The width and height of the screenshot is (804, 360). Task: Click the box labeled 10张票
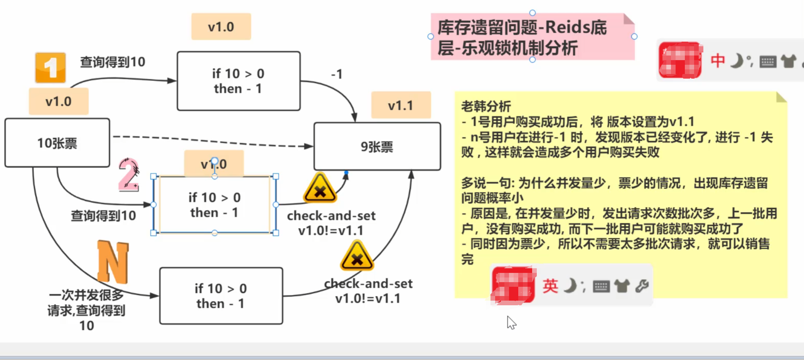[x=57, y=143]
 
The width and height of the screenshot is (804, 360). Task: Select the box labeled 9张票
[x=377, y=147]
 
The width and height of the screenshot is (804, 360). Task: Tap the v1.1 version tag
[x=401, y=105]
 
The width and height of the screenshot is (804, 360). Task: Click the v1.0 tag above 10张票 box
[x=59, y=101]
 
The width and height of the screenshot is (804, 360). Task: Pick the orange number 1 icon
[x=51, y=68]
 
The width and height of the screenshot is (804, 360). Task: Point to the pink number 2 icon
[x=128, y=175]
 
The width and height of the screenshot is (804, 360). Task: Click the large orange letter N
[x=113, y=262]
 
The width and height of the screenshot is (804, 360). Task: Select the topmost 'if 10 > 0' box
[x=238, y=81]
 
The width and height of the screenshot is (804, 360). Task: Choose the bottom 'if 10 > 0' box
[x=221, y=296]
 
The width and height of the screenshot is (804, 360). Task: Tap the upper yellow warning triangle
[x=320, y=188]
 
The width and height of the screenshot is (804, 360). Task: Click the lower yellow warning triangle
[x=357, y=256]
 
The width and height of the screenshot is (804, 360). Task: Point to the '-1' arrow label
[x=337, y=74]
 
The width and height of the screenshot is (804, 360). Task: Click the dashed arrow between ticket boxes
[x=212, y=141]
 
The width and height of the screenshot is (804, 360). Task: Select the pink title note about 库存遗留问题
[x=532, y=37]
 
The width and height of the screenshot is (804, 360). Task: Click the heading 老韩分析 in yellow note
[x=486, y=106]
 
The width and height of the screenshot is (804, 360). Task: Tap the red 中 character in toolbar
[x=718, y=61]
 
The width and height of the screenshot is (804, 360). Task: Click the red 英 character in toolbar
[x=550, y=286]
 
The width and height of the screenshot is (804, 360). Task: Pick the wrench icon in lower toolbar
[x=642, y=286]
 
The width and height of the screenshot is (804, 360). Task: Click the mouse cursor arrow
[x=511, y=322]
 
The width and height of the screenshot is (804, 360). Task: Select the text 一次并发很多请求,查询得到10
[x=86, y=310]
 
